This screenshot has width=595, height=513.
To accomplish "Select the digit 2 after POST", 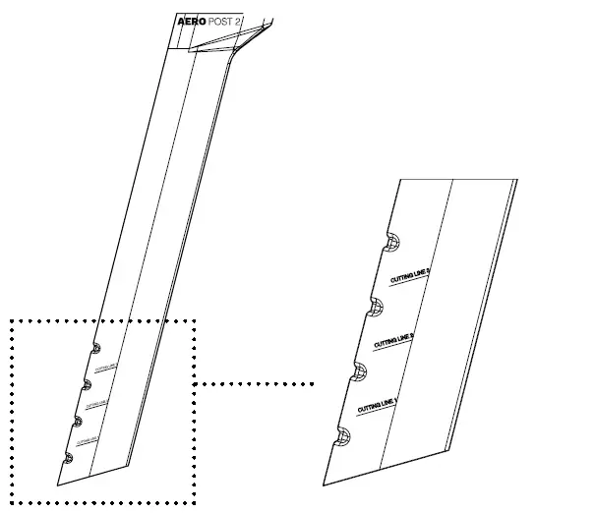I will point(238,21).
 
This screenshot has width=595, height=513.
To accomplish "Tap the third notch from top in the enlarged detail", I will point(361,371).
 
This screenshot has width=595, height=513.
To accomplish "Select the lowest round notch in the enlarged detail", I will point(343,437).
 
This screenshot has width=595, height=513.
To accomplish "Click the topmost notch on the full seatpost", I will point(95,348).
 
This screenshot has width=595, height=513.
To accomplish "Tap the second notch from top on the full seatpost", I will point(86,384).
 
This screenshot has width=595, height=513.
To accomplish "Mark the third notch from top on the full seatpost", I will point(77,422).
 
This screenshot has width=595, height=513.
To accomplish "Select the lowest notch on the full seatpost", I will point(68,457).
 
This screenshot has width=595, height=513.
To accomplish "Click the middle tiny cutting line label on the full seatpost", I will point(95,403).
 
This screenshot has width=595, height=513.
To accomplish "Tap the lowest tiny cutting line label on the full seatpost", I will point(87,439).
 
